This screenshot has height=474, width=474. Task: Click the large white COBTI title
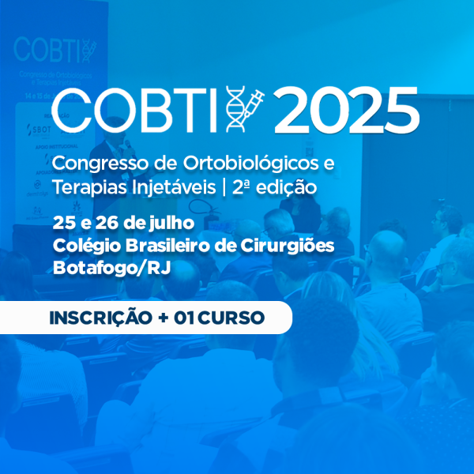click(x=134, y=110)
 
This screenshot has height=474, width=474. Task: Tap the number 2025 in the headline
click(x=347, y=110)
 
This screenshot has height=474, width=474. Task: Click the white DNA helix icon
click(x=235, y=109)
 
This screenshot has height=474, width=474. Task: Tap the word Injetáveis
click(x=174, y=188)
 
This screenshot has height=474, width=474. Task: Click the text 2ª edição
click(x=274, y=187)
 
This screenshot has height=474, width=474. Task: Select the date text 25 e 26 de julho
click(x=123, y=223)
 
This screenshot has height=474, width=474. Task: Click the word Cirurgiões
click(x=288, y=246)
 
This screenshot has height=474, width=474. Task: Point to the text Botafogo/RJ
click(x=112, y=268)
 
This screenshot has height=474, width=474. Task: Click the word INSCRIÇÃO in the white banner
click(x=100, y=318)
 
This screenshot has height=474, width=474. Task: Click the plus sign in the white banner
click(x=164, y=318)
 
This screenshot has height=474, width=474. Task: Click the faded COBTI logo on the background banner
click(x=55, y=51)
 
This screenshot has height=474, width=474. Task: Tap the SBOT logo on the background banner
click(x=39, y=130)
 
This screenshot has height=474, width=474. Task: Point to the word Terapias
click(x=90, y=188)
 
